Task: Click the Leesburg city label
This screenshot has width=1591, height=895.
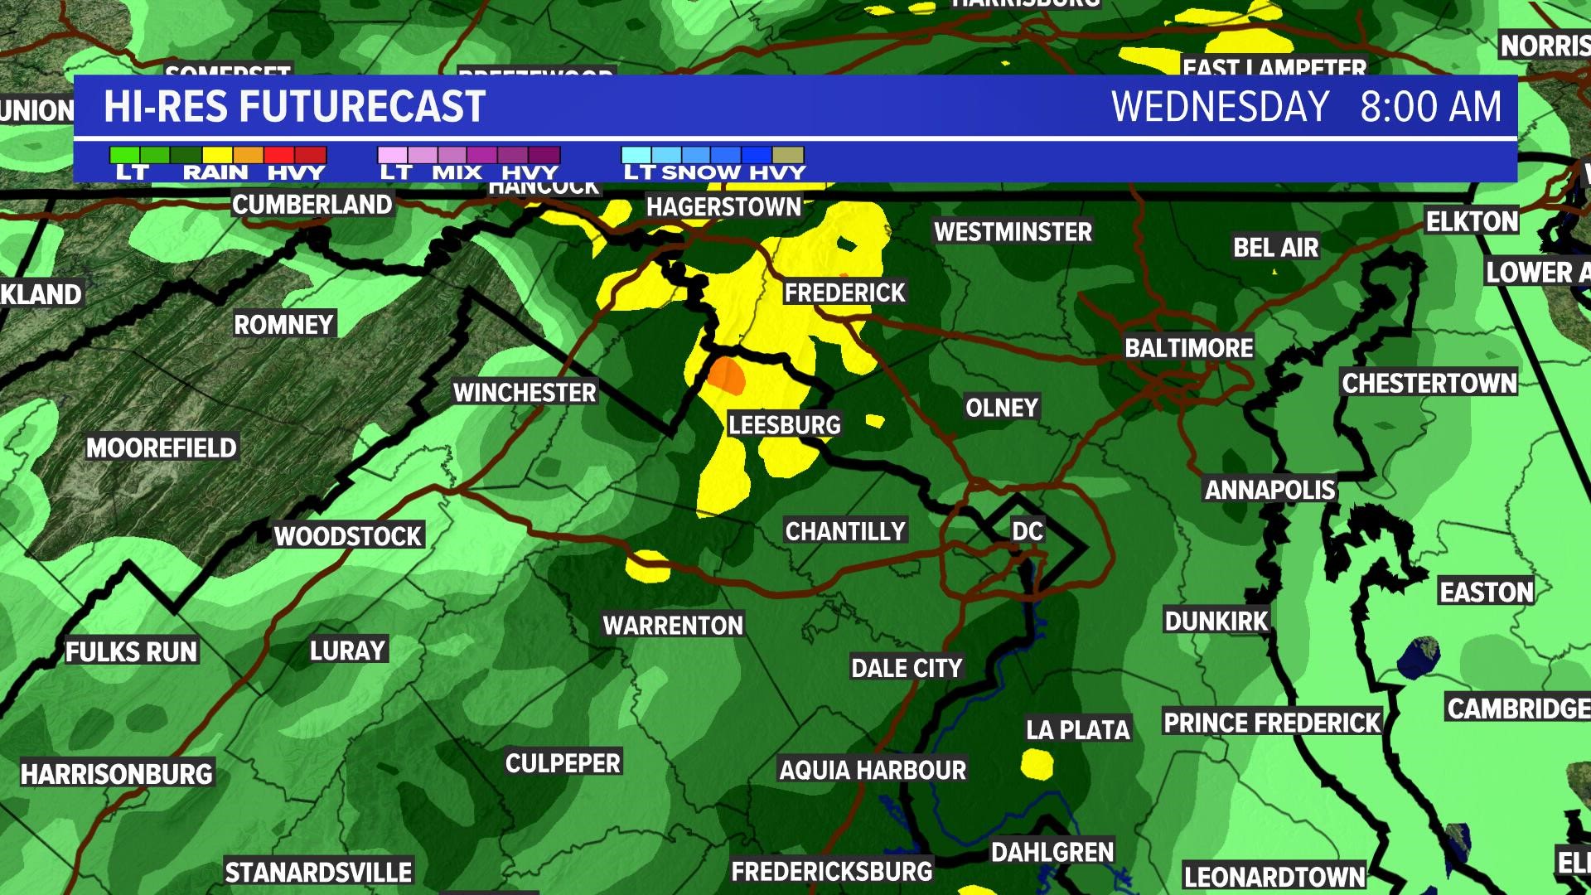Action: (x=784, y=425)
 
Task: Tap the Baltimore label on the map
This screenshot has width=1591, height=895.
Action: (x=1188, y=348)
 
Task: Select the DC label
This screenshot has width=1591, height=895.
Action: (x=1028, y=531)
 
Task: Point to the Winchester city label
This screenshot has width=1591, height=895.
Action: (x=525, y=393)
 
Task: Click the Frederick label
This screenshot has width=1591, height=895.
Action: (x=845, y=293)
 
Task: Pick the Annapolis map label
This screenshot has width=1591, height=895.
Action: (x=1269, y=491)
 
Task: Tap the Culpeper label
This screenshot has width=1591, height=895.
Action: (x=563, y=763)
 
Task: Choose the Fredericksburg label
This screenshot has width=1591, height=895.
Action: (x=831, y=872)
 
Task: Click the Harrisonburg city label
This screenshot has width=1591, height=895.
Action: (x=117, y=775)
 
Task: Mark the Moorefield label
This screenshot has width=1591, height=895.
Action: (x=162, y=448)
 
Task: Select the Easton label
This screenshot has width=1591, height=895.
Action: (x=1487, y=593)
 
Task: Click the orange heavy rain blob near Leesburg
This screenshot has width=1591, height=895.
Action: (x=728, y=375)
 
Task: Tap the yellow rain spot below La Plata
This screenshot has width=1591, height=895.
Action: (x=1037, y=764)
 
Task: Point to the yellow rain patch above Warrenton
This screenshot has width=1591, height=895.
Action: (x=647, y=567)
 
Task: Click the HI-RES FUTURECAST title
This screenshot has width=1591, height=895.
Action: (x=294, y=108)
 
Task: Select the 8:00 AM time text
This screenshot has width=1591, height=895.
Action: (x=1430, y=108)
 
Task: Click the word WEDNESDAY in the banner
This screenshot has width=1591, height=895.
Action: (x=1220, y=108)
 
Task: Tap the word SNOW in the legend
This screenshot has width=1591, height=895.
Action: (x=701, y=172)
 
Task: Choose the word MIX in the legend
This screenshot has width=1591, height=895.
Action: (x=457, y=172)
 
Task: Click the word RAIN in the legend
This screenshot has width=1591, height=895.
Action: (x=215, y=172)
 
